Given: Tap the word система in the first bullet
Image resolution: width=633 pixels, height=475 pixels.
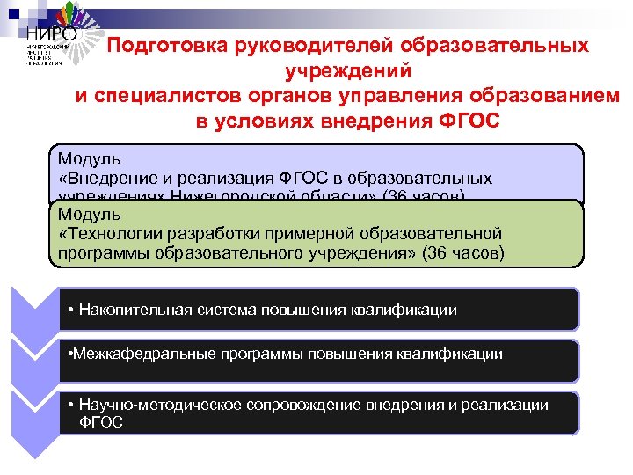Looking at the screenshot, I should pyautogui.click(x=216, y=309).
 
